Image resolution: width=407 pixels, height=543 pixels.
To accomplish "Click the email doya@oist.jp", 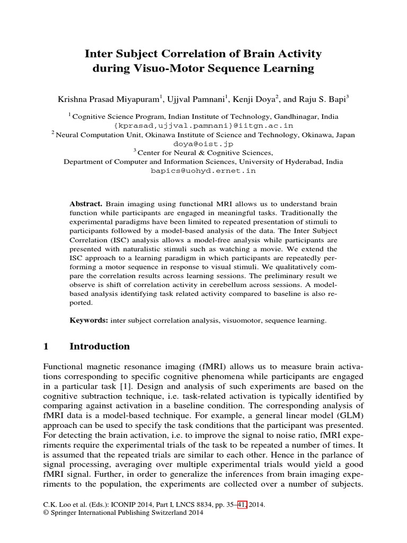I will pos(203,144).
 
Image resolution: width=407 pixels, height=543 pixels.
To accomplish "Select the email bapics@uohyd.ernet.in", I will pos(203,171).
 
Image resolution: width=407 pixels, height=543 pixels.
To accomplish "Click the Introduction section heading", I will pos(100,347).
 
